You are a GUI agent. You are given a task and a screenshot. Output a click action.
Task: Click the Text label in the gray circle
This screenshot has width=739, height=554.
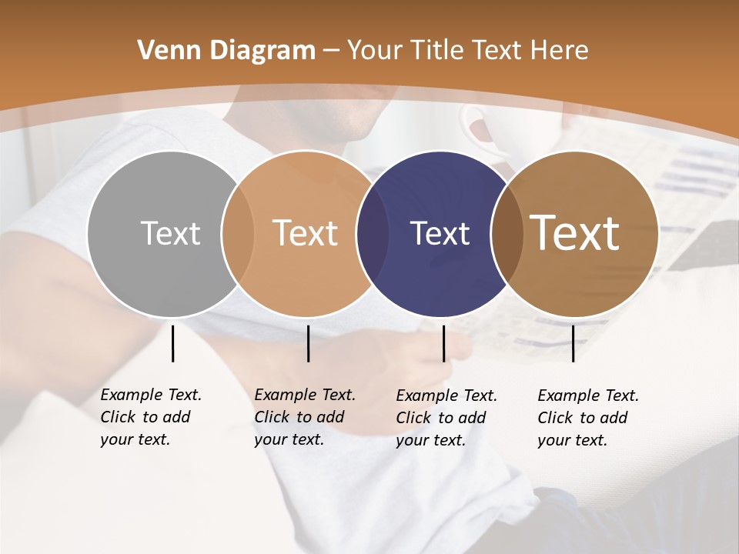(x=170, y=233)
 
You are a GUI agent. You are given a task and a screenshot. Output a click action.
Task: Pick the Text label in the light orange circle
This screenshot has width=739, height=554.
(x=305, y=233)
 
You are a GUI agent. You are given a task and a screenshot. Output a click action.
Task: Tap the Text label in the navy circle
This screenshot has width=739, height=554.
(x=440, y=233)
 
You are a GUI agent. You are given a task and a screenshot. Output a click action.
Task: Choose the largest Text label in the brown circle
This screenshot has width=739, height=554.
(x=574, y=232)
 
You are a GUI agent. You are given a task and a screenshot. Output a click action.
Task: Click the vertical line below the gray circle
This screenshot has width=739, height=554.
(x=172, y=343)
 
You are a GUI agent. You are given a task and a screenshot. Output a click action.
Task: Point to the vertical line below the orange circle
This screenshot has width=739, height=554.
(x=308, y=343)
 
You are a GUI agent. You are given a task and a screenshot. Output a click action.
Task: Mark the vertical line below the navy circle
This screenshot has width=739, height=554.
(x=443, y=343)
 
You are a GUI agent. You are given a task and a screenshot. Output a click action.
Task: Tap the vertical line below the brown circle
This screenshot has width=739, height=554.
(x=573, y=343)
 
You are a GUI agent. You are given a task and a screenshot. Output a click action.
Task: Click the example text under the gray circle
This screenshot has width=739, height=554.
(x=151, y=417)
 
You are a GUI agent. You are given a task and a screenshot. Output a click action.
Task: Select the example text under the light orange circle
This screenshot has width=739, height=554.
(x=305, y=417)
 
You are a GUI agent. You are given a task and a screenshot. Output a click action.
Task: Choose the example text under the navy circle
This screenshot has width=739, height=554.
(x=446, y=418)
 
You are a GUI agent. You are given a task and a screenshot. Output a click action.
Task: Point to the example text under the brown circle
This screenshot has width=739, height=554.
(x=588, y=418)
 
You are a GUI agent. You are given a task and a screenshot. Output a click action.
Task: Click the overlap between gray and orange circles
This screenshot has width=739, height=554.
(x=237, y=233)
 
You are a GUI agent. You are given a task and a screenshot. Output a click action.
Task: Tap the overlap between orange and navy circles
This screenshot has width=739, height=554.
(x=373, y=233)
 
